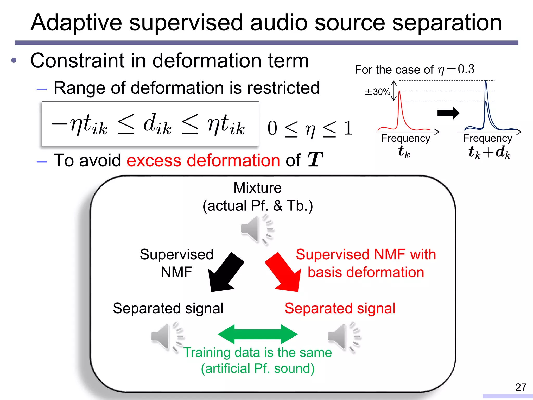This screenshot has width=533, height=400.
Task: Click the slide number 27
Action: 521,387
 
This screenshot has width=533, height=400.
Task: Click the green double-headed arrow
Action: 257,334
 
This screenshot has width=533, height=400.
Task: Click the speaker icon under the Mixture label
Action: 256,229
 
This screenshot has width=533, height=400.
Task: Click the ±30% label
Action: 377,92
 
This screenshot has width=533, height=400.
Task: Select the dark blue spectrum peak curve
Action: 486,109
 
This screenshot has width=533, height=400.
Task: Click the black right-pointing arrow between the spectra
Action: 448,113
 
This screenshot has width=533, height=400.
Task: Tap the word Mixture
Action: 257,188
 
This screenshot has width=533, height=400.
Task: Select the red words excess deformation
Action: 203,160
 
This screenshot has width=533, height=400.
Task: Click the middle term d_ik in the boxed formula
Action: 157,124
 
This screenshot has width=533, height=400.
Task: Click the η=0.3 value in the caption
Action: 456,69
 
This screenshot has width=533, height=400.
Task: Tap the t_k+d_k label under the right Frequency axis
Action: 489,152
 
